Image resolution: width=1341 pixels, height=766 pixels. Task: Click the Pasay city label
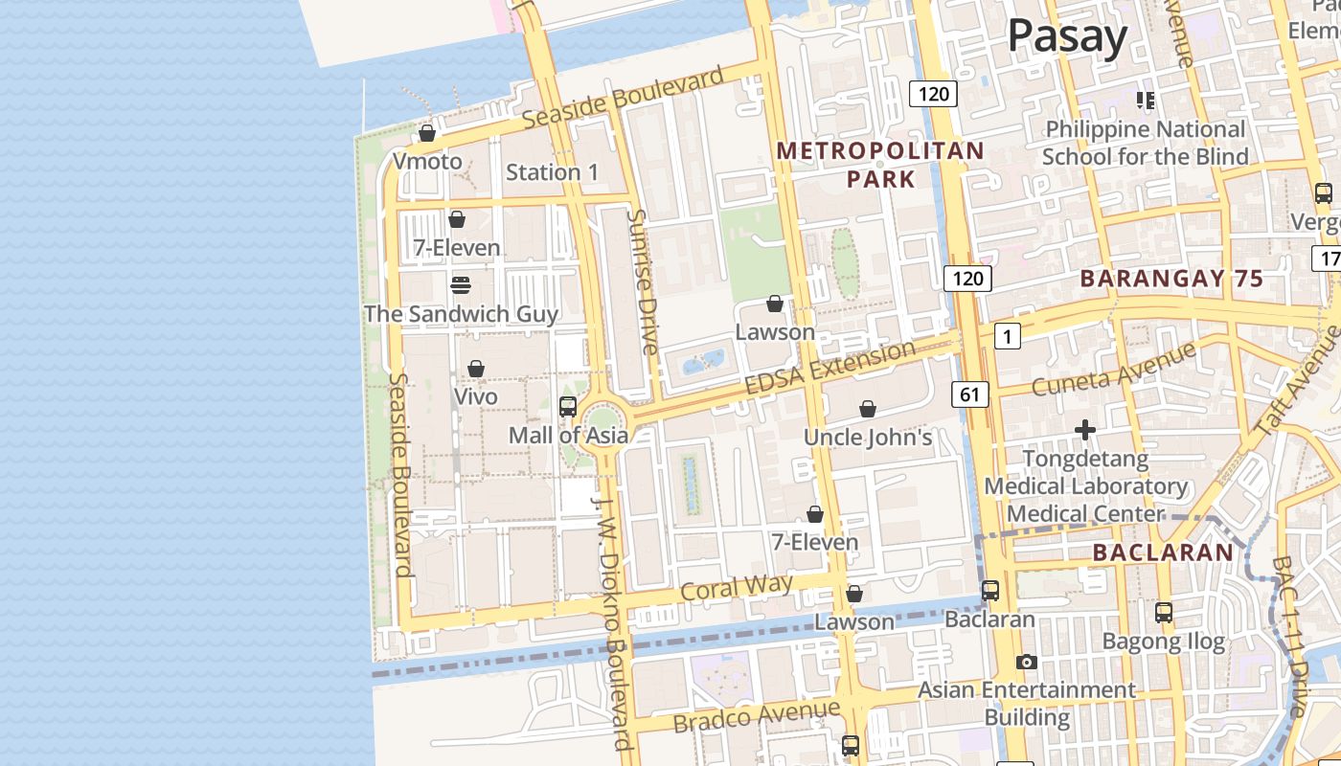pos(1067,37)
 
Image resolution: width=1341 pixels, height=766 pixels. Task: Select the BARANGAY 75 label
pos(1171,279)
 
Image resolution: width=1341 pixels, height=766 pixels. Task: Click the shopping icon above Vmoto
pos(428,133)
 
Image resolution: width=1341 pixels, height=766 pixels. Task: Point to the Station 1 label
pos(552,172)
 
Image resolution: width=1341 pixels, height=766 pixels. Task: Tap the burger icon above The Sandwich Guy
pos(461,285)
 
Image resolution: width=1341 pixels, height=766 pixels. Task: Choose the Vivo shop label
pos(476,395)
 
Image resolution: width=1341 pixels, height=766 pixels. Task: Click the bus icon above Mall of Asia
pos(568,407)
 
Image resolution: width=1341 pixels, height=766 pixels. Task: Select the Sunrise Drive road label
pos(641,282)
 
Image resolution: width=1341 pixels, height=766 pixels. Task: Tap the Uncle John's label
pos(868,438)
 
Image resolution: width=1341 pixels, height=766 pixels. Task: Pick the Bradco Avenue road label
pos(757,715)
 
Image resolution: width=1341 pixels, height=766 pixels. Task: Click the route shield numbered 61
pos(970,394)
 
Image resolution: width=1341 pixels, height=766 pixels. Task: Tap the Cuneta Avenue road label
pos(1114,371)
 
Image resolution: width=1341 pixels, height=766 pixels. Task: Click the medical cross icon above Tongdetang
pos(1084,431)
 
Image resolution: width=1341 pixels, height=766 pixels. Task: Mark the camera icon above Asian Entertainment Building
pos(1027,662)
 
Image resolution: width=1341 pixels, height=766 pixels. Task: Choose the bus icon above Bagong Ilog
pos(1164,612)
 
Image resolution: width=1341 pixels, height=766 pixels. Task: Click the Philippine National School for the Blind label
pos(1146,143)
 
